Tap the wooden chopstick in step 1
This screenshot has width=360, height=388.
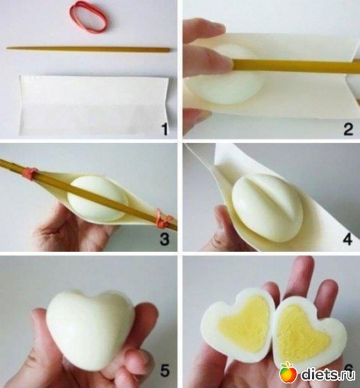pyautogui.click(x=89, y=49)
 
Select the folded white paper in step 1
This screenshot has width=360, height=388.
pyautogui.click(x=94, y=105)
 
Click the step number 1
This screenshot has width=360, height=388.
pyautogui.click(x=164, y=129)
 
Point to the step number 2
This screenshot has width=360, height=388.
pyautogui.click(x=348, y=129)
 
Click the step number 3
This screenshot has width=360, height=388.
pyautogui.click(x=165, y=239)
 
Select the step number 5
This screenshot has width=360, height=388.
pyautogui.click(x=165, y=370)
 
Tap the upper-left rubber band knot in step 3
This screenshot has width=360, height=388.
pyautogui.click(x=30, y=173)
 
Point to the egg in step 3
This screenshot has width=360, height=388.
pyautogui.click(x=98, y=198)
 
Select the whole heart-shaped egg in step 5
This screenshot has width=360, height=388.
pyautogui.click(x=90, y=329)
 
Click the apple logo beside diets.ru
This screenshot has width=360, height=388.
pyautogui.click(x=288, y=372)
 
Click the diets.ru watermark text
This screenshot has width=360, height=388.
pyautogui.click(x=327, y=373)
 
